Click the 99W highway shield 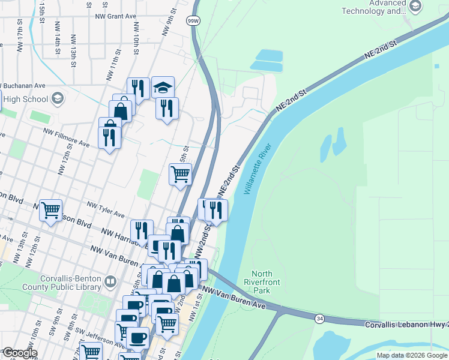(x=193, y=20)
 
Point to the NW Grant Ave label (x=121, y=16)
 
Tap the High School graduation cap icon (x=58, y=98)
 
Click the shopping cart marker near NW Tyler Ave (x=50, y=210)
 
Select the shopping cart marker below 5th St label (x=181, y=174)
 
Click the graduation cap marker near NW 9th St (x=163, y=88)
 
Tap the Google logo (x=19, y=353)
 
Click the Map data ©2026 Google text (x=412, y=355)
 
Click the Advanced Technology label (x=379, y=7)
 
